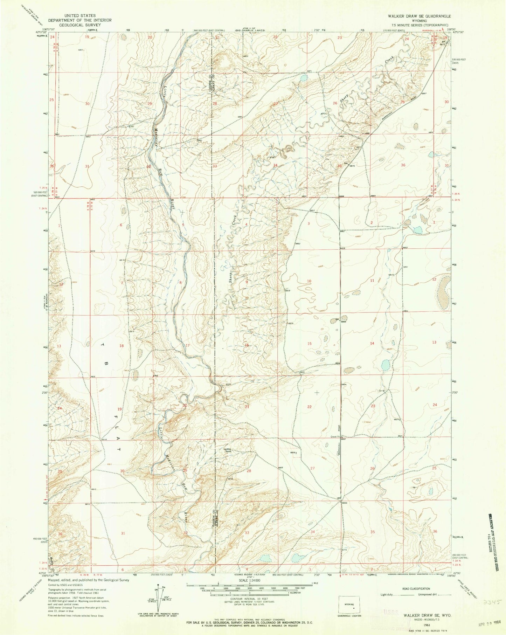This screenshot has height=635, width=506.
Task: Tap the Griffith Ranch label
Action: pos(228,450)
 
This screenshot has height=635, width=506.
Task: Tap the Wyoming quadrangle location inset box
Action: pos(349,605)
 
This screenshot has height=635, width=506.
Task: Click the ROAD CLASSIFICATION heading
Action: pos(416,589)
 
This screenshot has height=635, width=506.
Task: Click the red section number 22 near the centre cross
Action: pos(309,407)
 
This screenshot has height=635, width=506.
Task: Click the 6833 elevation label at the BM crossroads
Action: pos(344,503)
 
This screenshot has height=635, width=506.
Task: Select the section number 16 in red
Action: pos(247,345)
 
